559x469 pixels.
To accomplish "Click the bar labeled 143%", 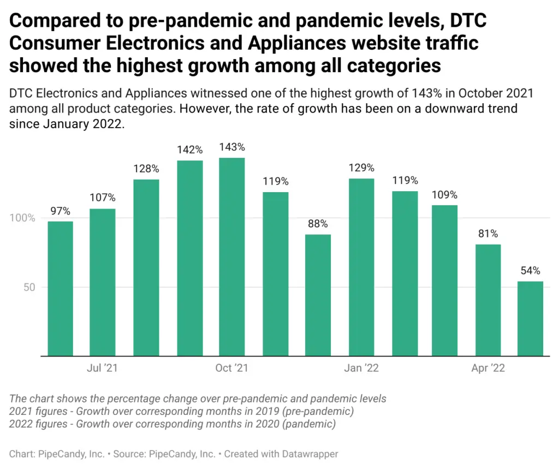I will tap(232, 257).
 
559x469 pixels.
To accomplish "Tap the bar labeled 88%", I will tap(318, 295).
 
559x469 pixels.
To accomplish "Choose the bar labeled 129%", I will tap(361, 267).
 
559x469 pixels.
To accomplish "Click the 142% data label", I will tap(189, 150).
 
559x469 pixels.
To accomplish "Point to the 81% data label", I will tap(487, 234).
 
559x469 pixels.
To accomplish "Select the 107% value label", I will tap(103, 198).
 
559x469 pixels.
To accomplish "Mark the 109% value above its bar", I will tap(444, 194).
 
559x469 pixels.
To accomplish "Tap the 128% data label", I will tap(146, 169).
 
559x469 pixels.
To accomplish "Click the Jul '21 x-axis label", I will tap(103, 368).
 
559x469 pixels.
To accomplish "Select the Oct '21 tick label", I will tap(231, 368).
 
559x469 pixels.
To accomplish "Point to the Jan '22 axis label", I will tap(361, 368).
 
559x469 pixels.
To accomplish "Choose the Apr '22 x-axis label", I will tap(488, 368).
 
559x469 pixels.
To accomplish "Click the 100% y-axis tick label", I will tap(22, 218).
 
